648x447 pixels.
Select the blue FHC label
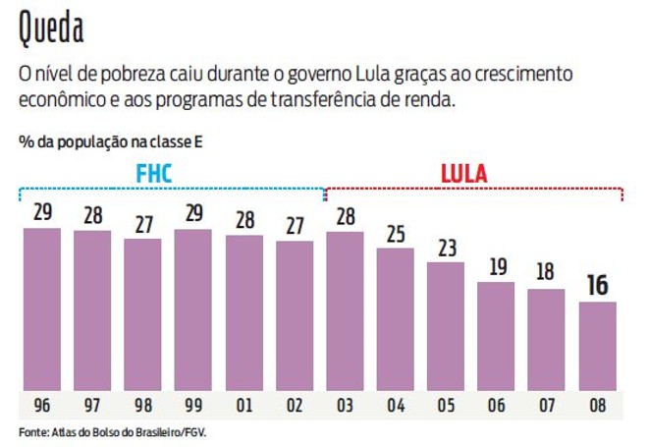tap(153, 175)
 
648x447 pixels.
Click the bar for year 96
tap(41, 309)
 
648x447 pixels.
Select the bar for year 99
tap(192, 309)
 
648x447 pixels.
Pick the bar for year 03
tap(345, 311)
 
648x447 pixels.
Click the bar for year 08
tap(597, 346)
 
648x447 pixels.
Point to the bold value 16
tap(597, 286)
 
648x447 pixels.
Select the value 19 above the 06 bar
tap(496, 267)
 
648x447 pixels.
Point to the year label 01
tap(243, 405)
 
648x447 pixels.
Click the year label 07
tap(547, 405)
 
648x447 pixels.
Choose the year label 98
tap(142, 405)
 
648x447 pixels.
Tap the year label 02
tap(294, 405)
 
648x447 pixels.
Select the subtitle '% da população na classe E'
tap(110, 141)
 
